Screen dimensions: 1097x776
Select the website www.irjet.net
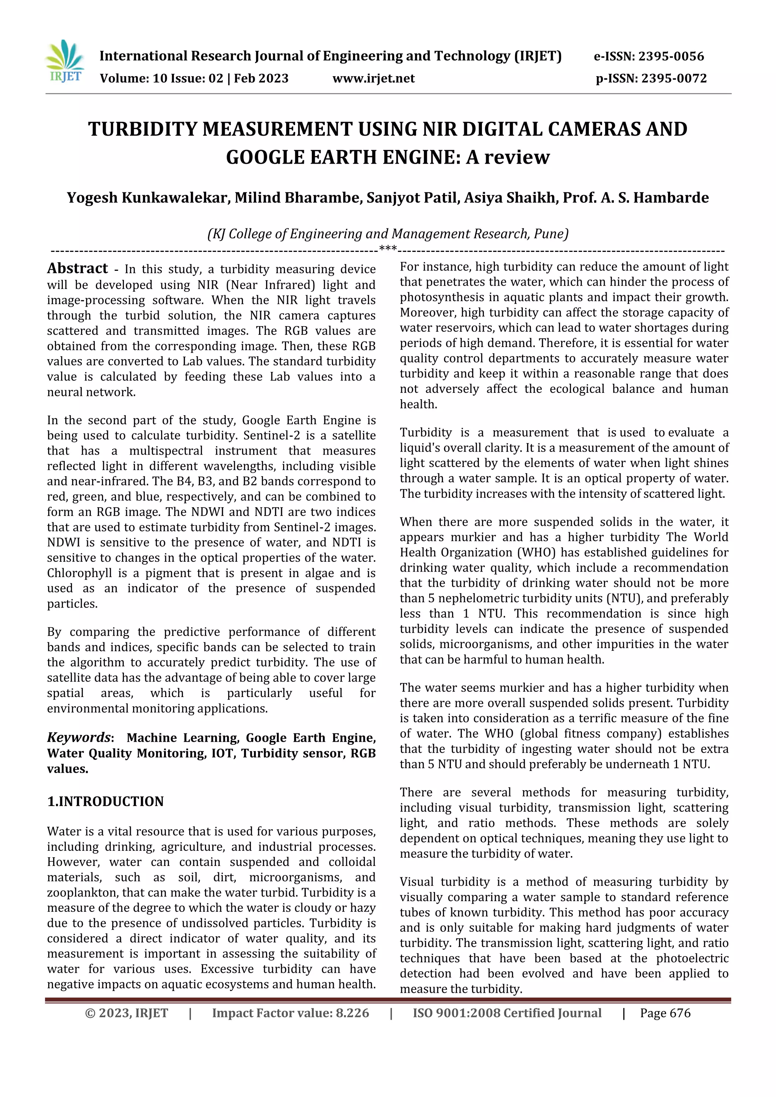(x=374, y=78)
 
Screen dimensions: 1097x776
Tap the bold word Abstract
(x=77, y=269)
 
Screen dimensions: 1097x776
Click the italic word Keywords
(x=79, y=737)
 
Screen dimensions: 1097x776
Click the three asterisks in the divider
(x=388, y=248)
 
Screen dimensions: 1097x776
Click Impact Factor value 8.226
(x=291, y=1013)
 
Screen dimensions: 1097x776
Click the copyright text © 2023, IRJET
(x=127, y=1013)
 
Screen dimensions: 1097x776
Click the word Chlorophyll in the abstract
(x=79, y=573)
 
